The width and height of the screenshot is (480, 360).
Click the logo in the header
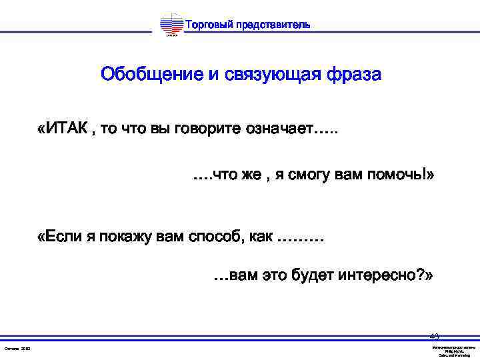[171, 26]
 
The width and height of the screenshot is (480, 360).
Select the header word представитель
[274, 25]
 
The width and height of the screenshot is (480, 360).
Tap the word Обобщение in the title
[151, 74]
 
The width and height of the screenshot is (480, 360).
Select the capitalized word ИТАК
[67, 128]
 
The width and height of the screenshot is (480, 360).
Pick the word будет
[314, 275]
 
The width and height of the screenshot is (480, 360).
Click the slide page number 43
[434, 335]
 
